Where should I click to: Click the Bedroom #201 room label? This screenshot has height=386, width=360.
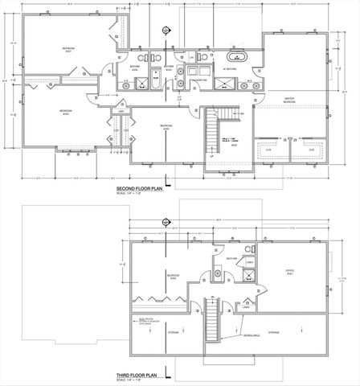coord(70,50)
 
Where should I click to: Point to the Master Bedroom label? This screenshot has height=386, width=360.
coord(292,101)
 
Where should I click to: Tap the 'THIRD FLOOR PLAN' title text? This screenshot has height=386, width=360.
coord(139,375)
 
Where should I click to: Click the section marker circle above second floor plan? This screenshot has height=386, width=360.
coord(166,31)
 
